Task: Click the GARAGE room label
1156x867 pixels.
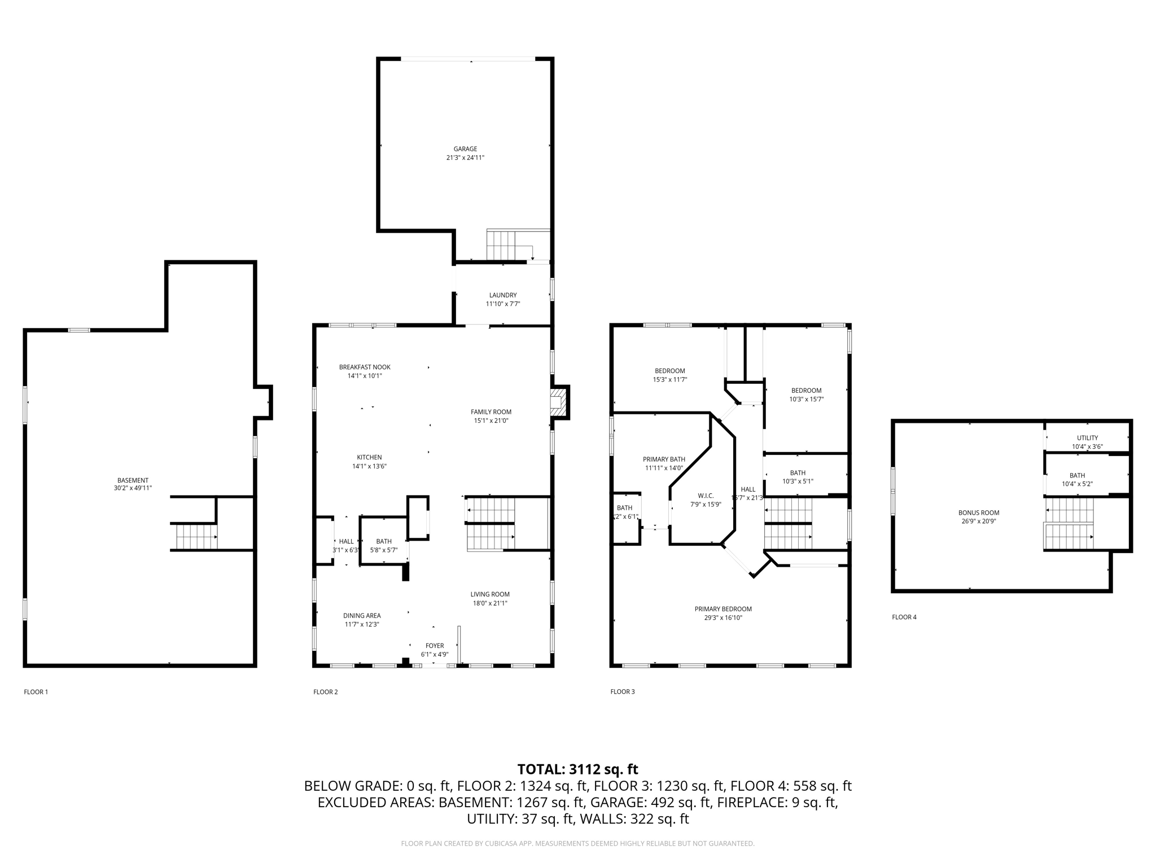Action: (x=465, y=149)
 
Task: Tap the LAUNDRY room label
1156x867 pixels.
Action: (x=502, y=295)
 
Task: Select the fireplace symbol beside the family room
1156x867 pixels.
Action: (x=558, y=402)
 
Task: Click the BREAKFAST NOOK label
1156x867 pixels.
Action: (x=365, y=367)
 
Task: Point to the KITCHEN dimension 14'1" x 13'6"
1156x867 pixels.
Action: (x=369, y=466)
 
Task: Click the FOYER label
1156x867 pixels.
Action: (x=435, y=646)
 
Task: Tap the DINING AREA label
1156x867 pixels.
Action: (x=362, y=616)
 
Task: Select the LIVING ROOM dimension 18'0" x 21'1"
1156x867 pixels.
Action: (x=490, y=603)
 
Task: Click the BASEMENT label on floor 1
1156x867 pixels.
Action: (x=133, y=480)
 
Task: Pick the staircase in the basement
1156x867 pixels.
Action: (x=196, y=537)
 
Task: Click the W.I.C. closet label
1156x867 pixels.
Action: (x=706, y=496)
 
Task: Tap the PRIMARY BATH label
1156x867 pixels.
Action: (x=664, y=459)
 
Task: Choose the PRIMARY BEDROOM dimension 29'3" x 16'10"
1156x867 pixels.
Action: (x=723, y=618)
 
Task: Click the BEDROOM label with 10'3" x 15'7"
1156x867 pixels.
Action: (x=806, y=391)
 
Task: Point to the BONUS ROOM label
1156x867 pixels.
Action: (x=978, y=513)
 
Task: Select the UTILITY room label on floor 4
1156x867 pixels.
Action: (x=1087, y=438)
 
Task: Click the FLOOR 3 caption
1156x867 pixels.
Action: (x=623, y=691)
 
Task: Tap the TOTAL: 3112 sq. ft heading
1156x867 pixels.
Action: (x=577, y=769)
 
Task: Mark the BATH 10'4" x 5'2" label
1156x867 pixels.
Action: (x=1077, y=476)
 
